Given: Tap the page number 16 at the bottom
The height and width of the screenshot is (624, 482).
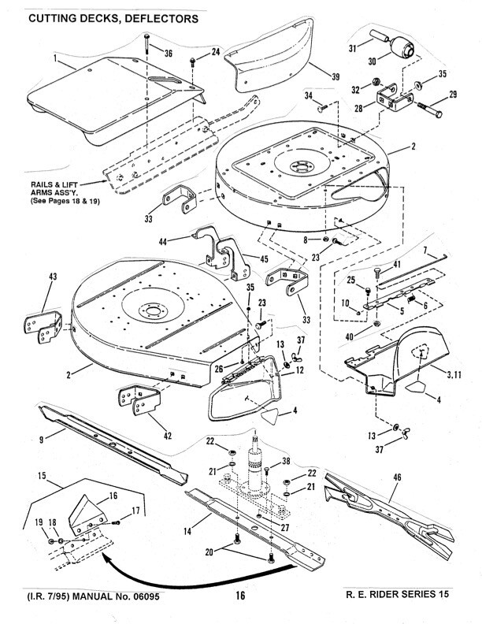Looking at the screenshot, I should (240, 596).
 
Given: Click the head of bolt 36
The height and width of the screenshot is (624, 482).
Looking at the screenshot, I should (148, 37).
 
